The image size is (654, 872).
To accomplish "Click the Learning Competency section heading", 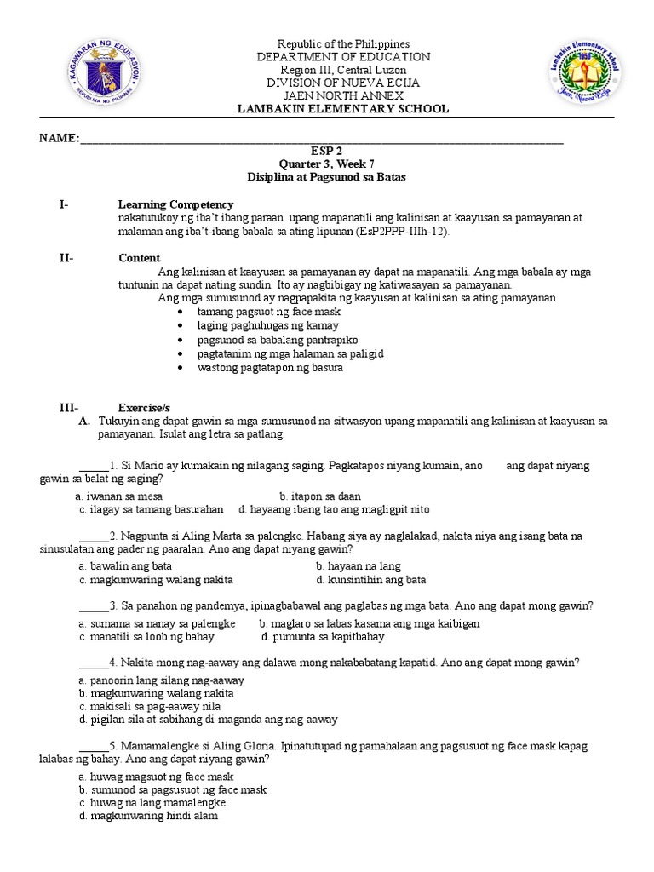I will click(175, 205).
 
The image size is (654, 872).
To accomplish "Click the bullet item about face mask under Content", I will click(245, 313).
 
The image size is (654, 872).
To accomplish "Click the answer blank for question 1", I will click(94, 467).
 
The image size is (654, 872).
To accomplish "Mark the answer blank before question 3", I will click(94, 605).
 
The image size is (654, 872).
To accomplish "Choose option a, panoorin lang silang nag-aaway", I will click(161, 680).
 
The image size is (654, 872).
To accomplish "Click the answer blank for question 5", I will click(94, 746).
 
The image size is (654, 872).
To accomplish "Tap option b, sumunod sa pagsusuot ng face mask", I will click(172, 789).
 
